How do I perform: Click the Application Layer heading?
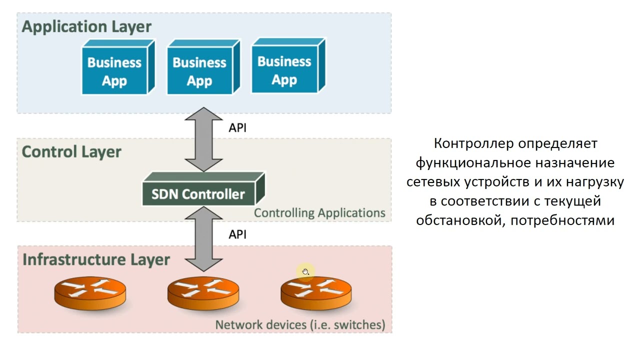(86, 26)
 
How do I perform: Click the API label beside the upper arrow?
(237, 128)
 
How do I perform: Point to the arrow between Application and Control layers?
(203, 140)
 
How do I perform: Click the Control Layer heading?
(71, 151)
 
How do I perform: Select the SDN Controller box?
(198, 193)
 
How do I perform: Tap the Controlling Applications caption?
(319, 213)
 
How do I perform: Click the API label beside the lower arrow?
(237, 234)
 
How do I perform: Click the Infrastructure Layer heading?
(96, 259)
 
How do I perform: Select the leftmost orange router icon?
(90, 293)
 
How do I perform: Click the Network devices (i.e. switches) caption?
(300, 325)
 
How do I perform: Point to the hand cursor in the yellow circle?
(305, 272)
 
